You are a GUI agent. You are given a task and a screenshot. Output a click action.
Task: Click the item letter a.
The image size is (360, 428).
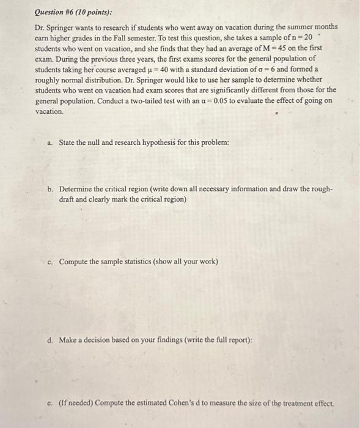[50, 143]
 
